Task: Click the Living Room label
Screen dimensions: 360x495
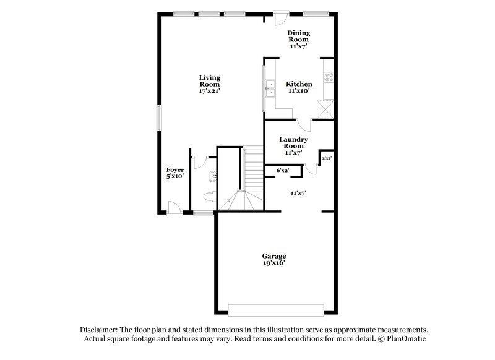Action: (209, 78)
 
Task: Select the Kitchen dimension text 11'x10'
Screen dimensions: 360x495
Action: (299, 91)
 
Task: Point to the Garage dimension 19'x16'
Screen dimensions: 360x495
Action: (273, 263)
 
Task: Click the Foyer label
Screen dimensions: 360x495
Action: (175, 169)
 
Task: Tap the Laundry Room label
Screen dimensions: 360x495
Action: (290, 143)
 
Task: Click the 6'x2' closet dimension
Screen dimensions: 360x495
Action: (283, 170)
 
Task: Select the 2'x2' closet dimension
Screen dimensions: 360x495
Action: (327, 158)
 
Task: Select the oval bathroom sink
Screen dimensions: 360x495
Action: (212, 177)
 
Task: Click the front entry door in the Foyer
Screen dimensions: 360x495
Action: (174, 208)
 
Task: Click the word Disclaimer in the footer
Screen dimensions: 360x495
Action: (100, 330)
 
